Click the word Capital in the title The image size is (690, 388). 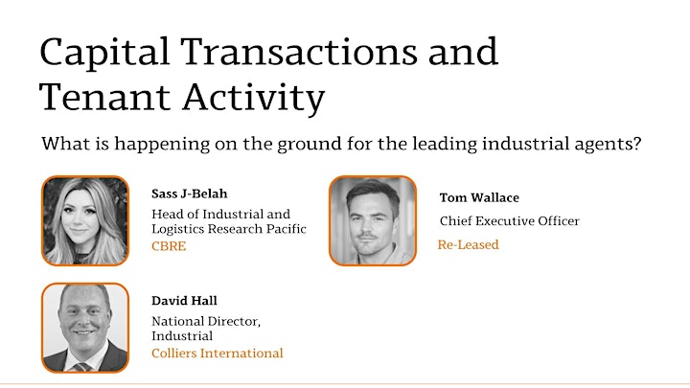104,53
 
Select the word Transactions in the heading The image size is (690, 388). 298,52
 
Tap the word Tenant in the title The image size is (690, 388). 104,97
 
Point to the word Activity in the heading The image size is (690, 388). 254,99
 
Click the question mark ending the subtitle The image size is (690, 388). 636,143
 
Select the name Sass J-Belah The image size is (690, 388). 189,194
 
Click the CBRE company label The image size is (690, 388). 169,246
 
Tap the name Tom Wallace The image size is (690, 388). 479,197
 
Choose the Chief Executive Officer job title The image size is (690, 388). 510,221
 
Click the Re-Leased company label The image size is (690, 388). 469,244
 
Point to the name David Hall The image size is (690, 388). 184,301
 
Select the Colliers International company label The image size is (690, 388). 218,354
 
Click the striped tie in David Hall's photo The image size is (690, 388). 82,367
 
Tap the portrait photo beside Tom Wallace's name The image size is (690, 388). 373,221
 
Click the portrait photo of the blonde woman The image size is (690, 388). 85,221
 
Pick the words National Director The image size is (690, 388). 206,322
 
